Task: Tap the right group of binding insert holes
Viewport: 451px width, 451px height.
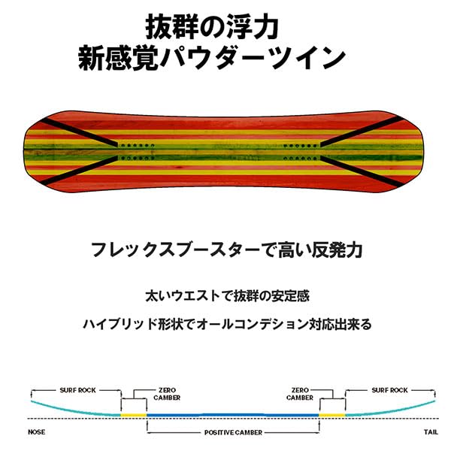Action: pyautogui.click(x=295, y=150)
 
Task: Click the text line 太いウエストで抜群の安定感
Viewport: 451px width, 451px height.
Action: pyautogui.click(x=225, y=296)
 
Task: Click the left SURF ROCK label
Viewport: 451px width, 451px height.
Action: pyautogui.click(x=74, y=391)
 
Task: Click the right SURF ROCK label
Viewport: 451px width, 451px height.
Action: pyautogui.click(x=389, y=391)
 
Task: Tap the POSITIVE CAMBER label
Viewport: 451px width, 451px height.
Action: pyautogui.click(x=232, y=432)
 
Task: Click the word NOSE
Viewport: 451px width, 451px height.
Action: pyautogui.click(x=36, y=432)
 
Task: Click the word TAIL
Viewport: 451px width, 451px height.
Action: pyautogui.click(x=430, y=432)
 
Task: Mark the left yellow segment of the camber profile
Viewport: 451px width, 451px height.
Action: pyautogui.click(x=134, y=415)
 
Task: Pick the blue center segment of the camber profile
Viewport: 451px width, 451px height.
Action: pyautogui.click(x=232, y=414)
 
